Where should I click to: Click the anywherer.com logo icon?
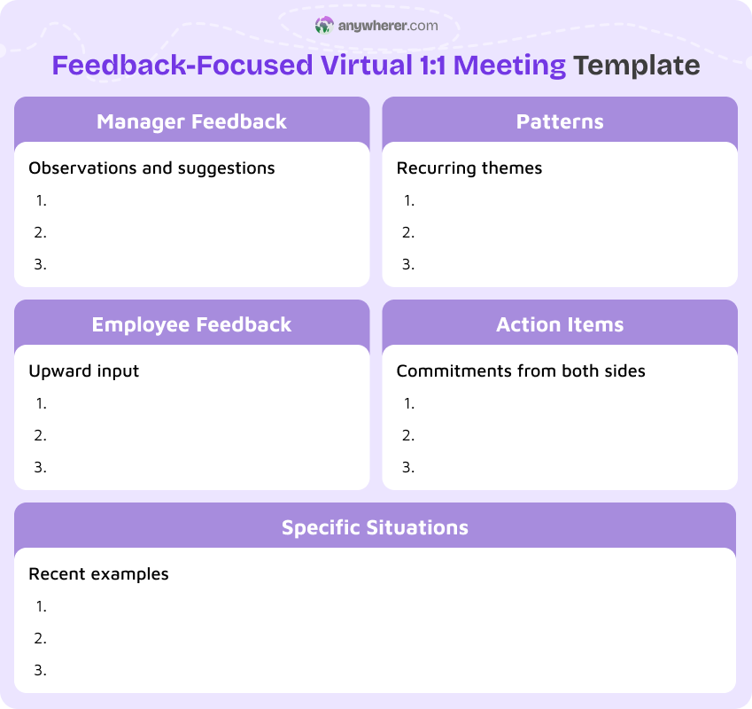pyautogui.click(x=323, y=26)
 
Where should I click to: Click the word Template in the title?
pyautogui.click(x=636, y=66)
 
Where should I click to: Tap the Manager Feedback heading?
pyautogui.click(x=191, y=121)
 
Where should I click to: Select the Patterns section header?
pyautogui.click(x=560, y=121)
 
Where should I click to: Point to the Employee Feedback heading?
pyautogui.click(x=191, y=324)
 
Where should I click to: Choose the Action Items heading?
pyautogui.click(x=560, y=324)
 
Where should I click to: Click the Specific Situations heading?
pyautogui.click(x=375, y=527)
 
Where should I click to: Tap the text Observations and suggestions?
pyautogui.click(x=151, y=168)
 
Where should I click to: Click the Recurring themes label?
pyautogui.click(x=469, y=168)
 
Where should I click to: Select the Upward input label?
pyautogui.click(x=84, y=370)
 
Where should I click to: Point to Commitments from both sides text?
pyautogui.click(x=521, y=370)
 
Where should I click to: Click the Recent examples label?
pyautogui.click(x=98, y=573)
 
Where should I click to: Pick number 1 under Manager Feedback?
pyautogui.click(x=41, y=200)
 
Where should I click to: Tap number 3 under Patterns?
pyautogui.click(x=408, y=264)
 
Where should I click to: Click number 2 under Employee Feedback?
pyautogui.click(x=41, y=435)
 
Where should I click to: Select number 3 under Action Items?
pyautogui.click(x=408, y=467)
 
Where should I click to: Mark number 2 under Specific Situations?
pyautogui.click(x=41, y=638)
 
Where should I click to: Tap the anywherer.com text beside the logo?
pyautogui.click(x=388, y=26)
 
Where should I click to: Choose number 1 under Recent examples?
pyautogui.click(x=41, y=606)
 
